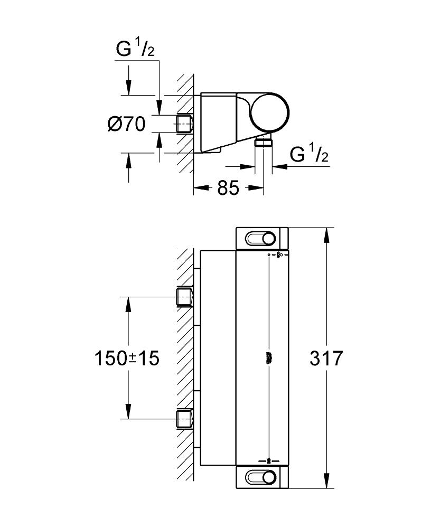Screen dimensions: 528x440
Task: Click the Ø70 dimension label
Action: point(126,125)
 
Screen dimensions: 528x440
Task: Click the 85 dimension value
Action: point(228,187)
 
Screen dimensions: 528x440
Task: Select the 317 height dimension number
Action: point(326,359)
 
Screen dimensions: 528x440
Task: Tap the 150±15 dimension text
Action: point(127,359)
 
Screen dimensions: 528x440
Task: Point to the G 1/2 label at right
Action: point(310,154)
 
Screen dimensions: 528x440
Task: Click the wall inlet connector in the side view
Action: point(184,124)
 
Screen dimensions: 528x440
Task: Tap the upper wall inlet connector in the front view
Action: point(184,297)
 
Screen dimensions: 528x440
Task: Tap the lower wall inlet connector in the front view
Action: point(184,419)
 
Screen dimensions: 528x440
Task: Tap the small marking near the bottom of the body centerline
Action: point(269,460)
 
